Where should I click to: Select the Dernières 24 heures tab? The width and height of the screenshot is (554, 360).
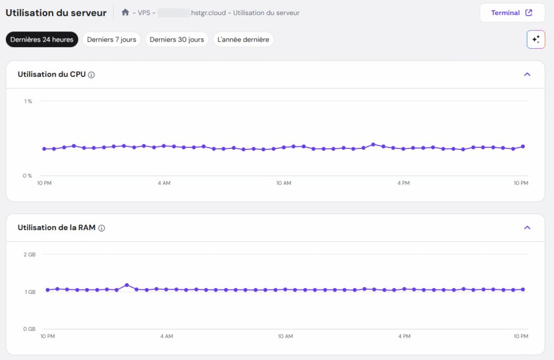pos(42,40)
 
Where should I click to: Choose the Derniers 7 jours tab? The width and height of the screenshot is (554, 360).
pos(111,40)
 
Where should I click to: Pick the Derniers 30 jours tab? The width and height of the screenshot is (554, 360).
pos(176,40)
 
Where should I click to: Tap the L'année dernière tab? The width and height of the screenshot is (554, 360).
pos(243,40)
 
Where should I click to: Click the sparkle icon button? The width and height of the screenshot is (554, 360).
pos(536,40)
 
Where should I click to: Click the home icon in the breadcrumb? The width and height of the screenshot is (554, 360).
pos(126,12)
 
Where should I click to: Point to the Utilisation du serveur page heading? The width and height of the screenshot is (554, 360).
pos(56,12)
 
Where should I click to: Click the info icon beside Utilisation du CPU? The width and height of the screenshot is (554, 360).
pos(91,75)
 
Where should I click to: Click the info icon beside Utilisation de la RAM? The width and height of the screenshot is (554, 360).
pos(102,228)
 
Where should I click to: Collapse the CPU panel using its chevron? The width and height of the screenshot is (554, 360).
pos(527,75)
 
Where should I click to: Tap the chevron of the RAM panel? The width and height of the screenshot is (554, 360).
pos(527,228)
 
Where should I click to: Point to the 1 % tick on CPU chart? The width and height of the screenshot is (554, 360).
pos(28,101)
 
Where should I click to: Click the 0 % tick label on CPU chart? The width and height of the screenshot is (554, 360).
pos(28,175)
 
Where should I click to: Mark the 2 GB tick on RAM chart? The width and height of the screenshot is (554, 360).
pos(29,254)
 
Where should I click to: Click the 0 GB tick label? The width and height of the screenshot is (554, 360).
pos(29,329)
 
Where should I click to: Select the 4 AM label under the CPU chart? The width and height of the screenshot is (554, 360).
pos(164,184)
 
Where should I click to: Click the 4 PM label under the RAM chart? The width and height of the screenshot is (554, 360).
pos(404,337)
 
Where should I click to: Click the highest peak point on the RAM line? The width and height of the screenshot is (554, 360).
pos(127,285)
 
